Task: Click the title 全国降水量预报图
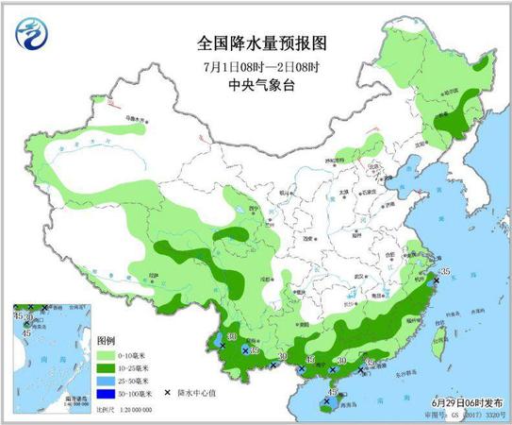(255, 42)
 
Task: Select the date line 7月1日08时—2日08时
(255, 64)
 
